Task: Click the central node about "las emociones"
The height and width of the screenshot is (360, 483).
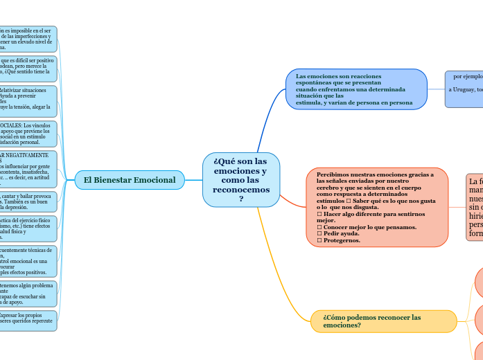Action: (x=240, y=179)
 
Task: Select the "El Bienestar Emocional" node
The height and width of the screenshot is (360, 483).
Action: (x=130, y=180)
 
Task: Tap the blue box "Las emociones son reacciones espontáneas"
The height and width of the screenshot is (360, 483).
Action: (x=356, y=89)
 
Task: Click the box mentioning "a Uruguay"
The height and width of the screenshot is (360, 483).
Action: (x=465, y=89)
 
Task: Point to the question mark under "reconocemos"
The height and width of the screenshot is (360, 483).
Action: (x=240, y=199)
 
